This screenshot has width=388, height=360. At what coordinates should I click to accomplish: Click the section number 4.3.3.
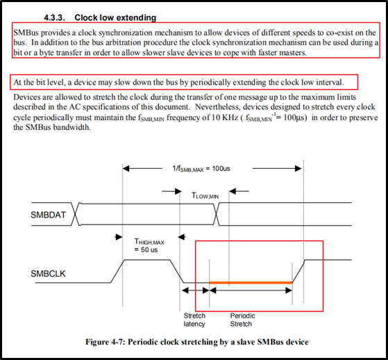click(55, 17)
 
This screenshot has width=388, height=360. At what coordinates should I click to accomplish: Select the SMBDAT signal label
click(49, 215)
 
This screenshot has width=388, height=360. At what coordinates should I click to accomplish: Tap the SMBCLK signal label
click(48, 274)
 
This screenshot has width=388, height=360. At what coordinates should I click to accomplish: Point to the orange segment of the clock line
click(251, 282)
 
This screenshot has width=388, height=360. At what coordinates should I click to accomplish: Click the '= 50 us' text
click(146, 249)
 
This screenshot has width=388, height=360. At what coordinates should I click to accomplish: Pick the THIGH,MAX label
click(149, 242)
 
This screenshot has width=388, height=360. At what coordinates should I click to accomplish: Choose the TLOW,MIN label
click(205, 196)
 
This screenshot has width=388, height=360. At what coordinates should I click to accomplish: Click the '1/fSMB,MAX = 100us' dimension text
click(201, 169)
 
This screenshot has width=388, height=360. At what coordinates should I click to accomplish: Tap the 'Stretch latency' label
click(194, 320)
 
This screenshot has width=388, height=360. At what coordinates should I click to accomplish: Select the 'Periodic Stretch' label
click(242, 320)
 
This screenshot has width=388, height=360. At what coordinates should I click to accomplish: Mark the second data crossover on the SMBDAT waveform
click(217, 214)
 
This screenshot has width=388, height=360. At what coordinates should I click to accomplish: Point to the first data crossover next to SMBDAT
click(76, 214)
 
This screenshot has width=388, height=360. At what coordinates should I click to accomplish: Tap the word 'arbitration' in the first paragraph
click(124, 42)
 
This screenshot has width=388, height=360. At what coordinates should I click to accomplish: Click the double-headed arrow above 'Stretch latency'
click(196, 291)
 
